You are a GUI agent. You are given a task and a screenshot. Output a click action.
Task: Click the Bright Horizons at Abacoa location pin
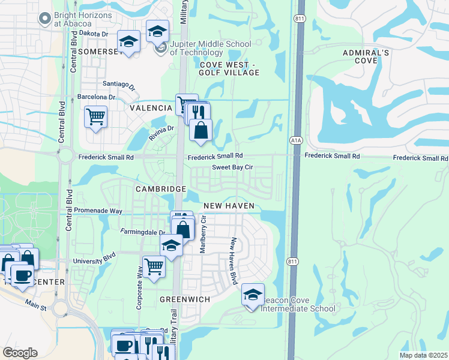44,19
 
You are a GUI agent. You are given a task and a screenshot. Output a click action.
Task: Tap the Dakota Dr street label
93,34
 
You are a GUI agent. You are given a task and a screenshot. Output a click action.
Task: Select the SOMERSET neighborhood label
100,52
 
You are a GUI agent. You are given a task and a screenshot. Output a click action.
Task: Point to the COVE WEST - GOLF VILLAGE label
230,68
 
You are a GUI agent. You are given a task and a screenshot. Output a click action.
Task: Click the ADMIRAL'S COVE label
366,57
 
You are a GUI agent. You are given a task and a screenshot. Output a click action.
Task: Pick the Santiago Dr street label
119,85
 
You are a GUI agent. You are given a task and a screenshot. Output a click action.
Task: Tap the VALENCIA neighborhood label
151,108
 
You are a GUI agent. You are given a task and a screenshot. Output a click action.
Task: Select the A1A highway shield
295,140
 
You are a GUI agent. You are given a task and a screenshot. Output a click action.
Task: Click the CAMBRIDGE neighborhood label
160,189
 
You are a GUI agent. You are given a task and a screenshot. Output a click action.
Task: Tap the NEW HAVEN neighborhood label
229,206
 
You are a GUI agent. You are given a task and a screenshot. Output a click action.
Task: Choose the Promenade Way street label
99,211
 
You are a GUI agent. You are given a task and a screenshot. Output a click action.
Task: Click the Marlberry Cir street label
203,235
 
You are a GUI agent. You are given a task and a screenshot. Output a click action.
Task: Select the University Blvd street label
93,262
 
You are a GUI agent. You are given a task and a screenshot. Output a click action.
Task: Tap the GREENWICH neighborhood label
184,299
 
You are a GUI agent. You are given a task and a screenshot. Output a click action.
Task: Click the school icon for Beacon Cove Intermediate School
253,295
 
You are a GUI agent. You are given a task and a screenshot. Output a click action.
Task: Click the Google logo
20,353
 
